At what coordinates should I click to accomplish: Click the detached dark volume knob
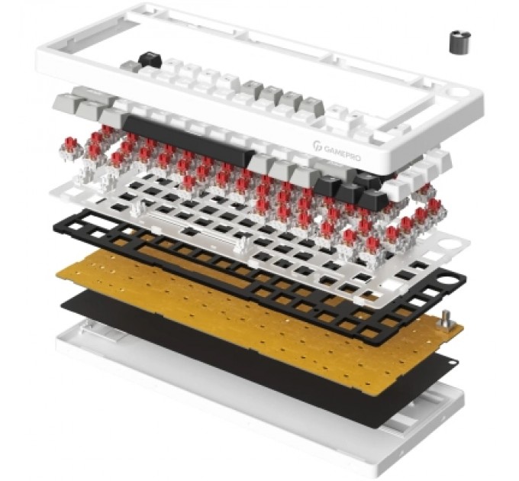[459, 42]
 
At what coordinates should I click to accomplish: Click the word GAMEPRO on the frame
[342, 153]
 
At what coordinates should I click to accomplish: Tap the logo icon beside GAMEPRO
[317, 145]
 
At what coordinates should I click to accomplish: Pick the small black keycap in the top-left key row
[150, 60]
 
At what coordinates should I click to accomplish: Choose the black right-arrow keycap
[373, 199]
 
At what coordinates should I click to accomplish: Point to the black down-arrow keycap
[351, 192]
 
